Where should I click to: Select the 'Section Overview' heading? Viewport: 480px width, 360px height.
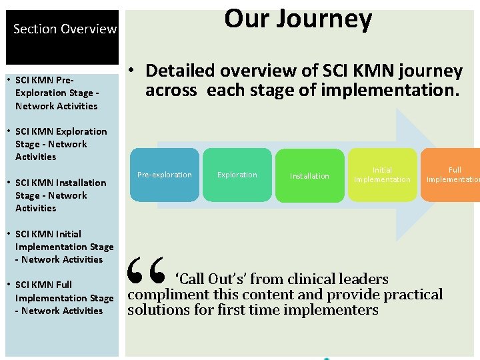(x=65, y=29)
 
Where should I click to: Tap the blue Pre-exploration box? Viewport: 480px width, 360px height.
(x=164, y=175)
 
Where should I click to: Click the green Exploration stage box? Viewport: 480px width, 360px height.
(x=237, y=175)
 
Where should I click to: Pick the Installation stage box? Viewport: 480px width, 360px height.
(x=309, y=176)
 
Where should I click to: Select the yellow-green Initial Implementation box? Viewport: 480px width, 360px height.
(x=382, y=175)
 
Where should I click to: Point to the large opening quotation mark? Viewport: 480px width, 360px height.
(x=146, y=269)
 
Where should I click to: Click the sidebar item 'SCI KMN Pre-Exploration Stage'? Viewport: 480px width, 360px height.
(x=57, y=93)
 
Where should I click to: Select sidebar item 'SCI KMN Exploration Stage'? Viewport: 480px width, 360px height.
(x=60, y=144)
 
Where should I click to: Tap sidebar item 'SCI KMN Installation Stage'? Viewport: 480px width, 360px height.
(x=60, y=195)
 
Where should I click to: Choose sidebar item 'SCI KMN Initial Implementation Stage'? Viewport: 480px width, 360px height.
(x=63, y=247)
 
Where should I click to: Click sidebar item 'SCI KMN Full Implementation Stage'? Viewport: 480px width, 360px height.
(x=63, y=297)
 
